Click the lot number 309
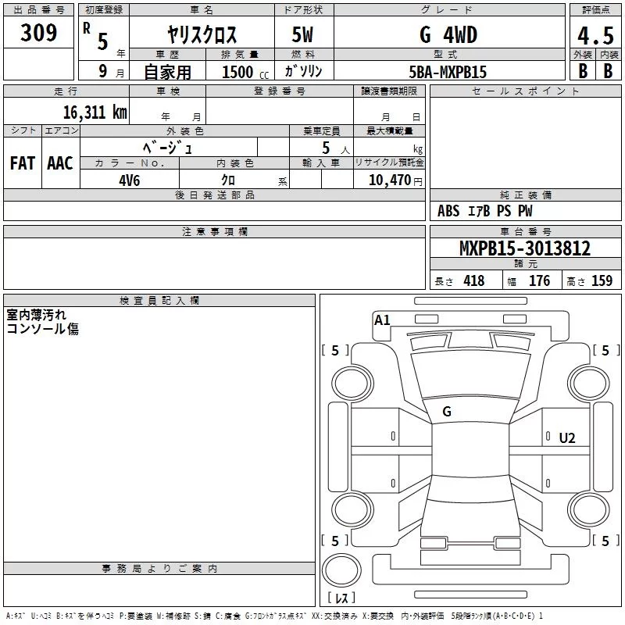click(38, 32)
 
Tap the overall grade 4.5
click(595, 35)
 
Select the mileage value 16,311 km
click(95, 112)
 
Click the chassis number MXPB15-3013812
click(525, 248)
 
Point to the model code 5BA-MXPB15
click(448, 72)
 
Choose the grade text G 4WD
click(448, 34)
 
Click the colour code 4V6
click(129, 180)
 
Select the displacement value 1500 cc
click(245, 72)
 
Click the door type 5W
click(302, 34)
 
